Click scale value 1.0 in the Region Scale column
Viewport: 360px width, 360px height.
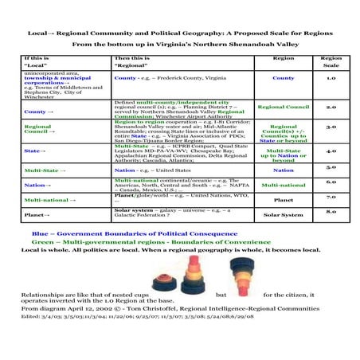pyautogui.click(x=331, y=78)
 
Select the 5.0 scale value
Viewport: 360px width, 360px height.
pyautogui.click(x=331, y=167)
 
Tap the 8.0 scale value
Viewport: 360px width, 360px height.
pyautogui.click(x=331, y=211)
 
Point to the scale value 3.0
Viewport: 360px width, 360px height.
pyautogui.click(x=331, y=126)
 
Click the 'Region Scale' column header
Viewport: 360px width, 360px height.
pyautogui.click(x=331, y=61)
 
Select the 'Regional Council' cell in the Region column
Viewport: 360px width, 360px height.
pyautogui.click(x=283, y=106)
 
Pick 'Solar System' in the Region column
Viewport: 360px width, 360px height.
pyautogui.click(x=283, y=214)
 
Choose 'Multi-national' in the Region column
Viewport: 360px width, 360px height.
pyautogui.click(x=283, y=184)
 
